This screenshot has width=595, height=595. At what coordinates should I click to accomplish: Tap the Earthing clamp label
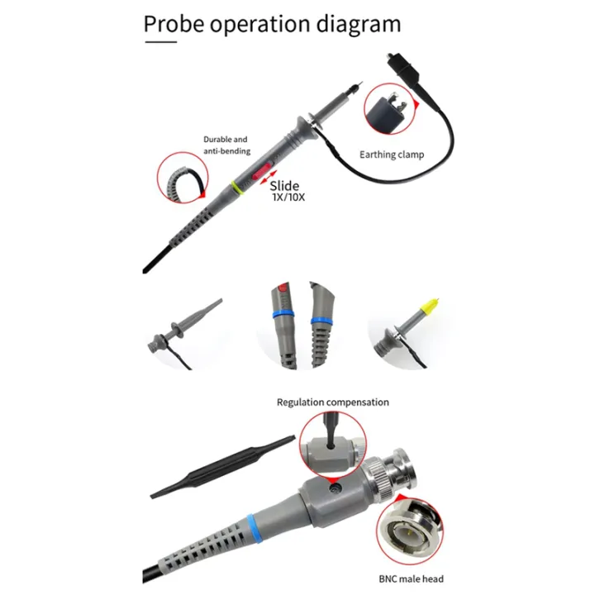coord(391,154)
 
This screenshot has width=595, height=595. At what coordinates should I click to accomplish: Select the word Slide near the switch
coord(284,186)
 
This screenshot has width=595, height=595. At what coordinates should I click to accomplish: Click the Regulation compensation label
coord(332,402)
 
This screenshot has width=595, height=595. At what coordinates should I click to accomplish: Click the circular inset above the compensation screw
coord(331,445)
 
